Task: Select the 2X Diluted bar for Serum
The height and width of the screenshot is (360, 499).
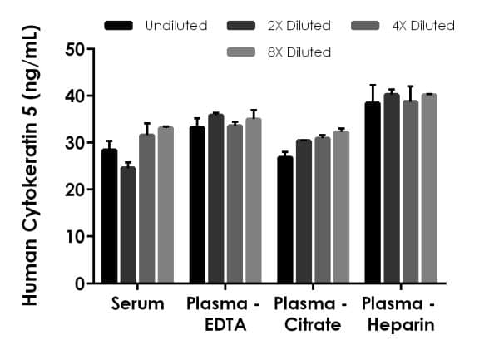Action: (x=128, y=225)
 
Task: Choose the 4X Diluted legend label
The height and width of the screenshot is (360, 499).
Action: (x=422, y=26)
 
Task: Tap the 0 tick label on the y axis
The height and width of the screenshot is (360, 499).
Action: (x=79, y=284)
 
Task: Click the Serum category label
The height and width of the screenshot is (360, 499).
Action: (x=137, y=304)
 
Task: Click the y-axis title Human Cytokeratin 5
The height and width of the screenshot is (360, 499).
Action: (x=30, y=166)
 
